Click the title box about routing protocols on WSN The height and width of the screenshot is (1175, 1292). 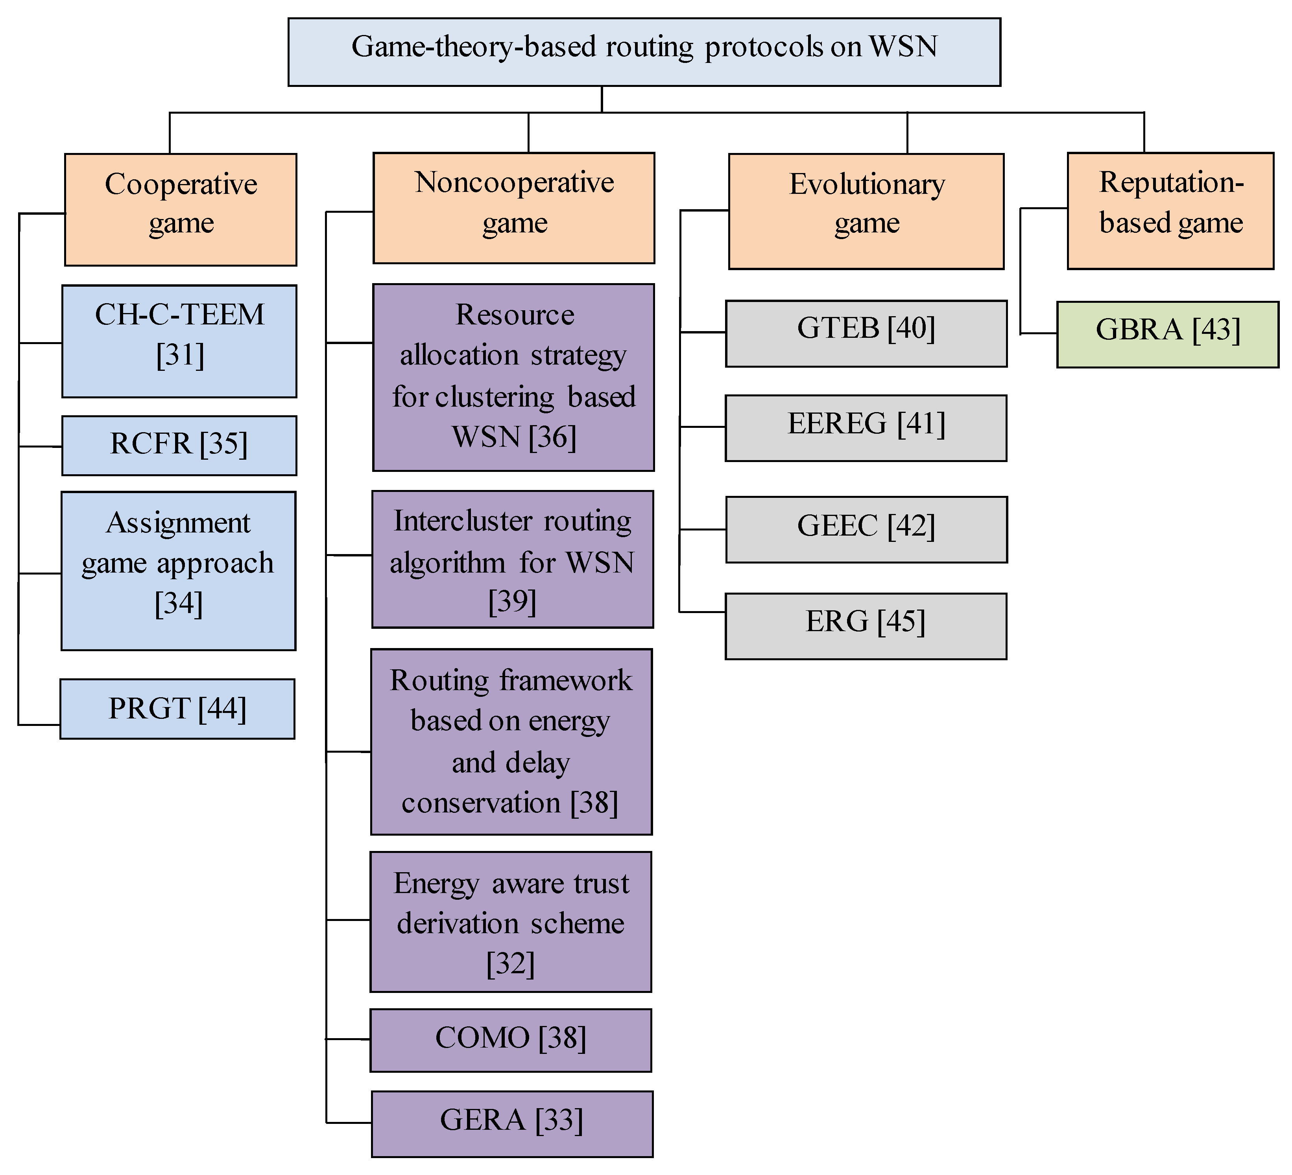pyautogui.click(x=644, y=52)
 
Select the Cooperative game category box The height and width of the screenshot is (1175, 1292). pyautogui.click(x=181, y=210)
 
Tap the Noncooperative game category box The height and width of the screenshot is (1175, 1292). pyautogui.click(x=514, y=208)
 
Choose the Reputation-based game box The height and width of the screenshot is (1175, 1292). pyautogui.click(x=1170, y=211)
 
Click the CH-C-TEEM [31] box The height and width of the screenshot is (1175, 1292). pyautogui.click(x=179, y=341)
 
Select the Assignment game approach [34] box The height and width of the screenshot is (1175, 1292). pyautogui.click(x=179, y=571)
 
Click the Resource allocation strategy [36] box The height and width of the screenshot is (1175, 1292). pyautogui.click(x=513, y=378)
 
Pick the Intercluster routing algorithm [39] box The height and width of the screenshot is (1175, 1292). pyautogui.click(x=513, y=559)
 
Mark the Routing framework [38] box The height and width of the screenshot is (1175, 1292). pyautogui.click(x=511, y=742)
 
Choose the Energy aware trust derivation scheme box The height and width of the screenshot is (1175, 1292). pyautogui.click(x=511, y=922)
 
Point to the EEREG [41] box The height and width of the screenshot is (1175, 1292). pyautogui.click(x=866, y=428)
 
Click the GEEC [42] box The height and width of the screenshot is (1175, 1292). pyautogui.click(x=866, y=530)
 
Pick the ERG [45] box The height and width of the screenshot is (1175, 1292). pyautogui.click(x=866, y=626)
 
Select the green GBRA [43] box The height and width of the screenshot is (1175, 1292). pyautogui.click(x=1168, y=334)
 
